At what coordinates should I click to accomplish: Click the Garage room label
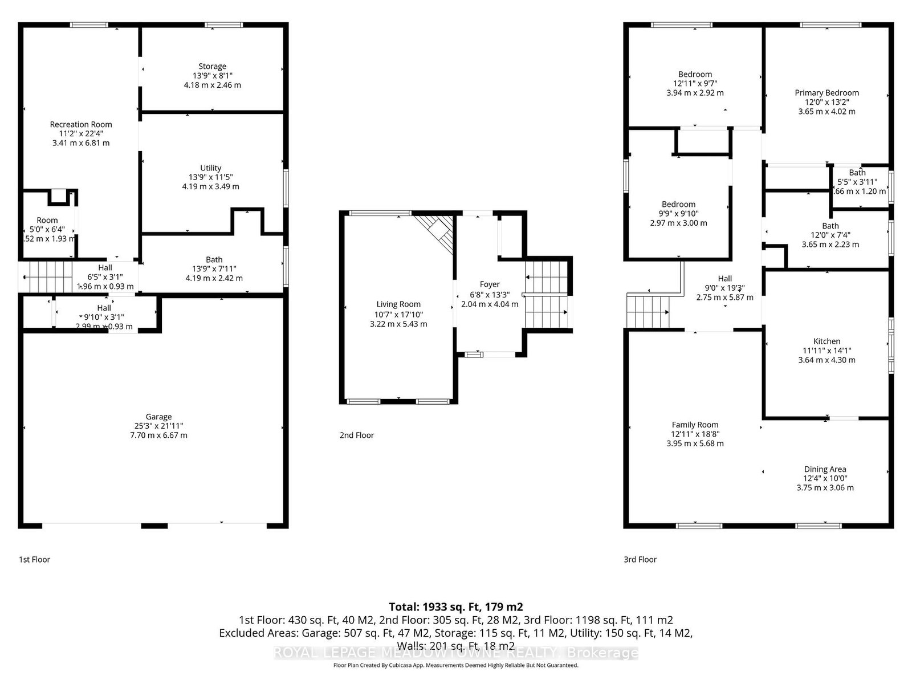click(158, 417)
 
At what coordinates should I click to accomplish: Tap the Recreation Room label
click(81, 124)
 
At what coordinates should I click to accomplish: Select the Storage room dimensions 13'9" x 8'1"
click(212, 76)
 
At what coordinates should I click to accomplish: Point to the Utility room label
click(210, 168)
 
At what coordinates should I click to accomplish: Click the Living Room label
click(398, 304)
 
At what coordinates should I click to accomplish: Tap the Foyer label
click(489, 284)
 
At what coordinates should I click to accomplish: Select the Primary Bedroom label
click(826, 93)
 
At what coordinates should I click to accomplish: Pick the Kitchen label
click(826, 341)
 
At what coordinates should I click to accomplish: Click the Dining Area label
click(825, 469)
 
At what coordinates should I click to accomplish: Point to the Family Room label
click(695, 425)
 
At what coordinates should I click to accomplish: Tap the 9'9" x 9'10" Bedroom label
click(678, 204)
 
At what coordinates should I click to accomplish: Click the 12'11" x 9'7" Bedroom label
click(695, 74)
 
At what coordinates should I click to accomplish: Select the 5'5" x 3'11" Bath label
click(857, 173)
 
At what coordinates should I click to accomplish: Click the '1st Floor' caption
click(35, 560)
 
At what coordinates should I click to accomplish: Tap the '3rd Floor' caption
click(640, 560)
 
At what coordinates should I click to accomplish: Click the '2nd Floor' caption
click(357, 435)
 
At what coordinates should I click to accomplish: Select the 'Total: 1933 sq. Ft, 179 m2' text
click(455, 607)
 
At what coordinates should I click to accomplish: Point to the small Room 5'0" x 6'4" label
click(47, 220)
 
